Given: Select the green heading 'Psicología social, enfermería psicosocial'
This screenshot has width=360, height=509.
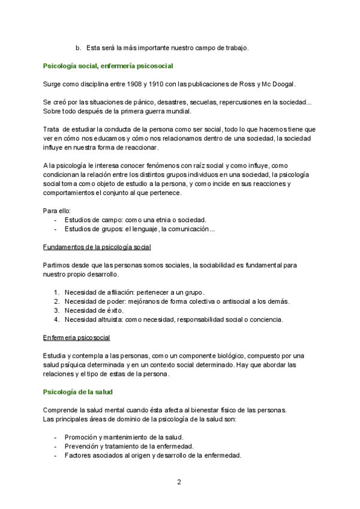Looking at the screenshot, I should (109, 65).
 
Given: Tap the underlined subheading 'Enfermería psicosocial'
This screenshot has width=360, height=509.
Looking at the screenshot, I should (76, 337).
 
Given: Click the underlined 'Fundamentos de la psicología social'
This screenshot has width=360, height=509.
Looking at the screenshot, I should (97, 247).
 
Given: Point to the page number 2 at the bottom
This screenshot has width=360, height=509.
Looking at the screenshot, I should (179, 482).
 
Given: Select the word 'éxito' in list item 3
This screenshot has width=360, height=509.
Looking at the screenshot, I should (113, 310).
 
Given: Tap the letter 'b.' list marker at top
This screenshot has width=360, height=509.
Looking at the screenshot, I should (78, 47).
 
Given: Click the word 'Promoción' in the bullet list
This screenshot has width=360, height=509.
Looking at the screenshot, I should (80, 437).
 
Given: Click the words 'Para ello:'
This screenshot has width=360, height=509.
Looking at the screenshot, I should (57, 211).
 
